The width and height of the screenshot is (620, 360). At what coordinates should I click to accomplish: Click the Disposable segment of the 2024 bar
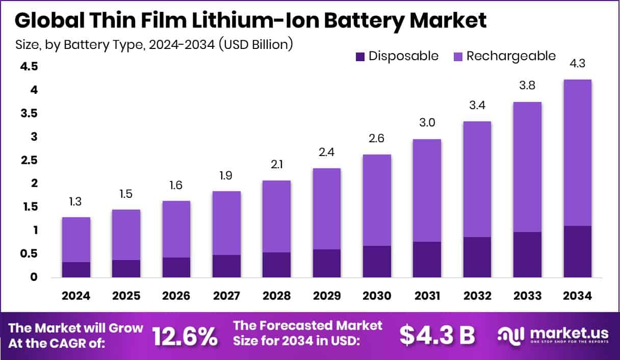pos(76,270)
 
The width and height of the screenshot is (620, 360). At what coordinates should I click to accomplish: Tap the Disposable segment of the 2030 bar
pos(377,262)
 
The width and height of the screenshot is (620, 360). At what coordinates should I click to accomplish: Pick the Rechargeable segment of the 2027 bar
pos(226,223)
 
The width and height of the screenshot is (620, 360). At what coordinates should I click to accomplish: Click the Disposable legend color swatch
pos(360,56)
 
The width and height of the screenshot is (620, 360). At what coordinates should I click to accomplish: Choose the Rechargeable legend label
pos(511,56)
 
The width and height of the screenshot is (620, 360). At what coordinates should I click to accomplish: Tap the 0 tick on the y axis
pos(34,277)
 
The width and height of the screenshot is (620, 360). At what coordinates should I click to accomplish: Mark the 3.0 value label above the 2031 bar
pos(427,122)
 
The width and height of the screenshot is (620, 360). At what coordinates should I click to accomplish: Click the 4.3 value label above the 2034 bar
pos(577,64)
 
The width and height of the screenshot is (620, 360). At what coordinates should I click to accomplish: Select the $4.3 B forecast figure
pos(437,336)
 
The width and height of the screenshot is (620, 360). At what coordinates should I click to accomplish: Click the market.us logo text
pos(569,332)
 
